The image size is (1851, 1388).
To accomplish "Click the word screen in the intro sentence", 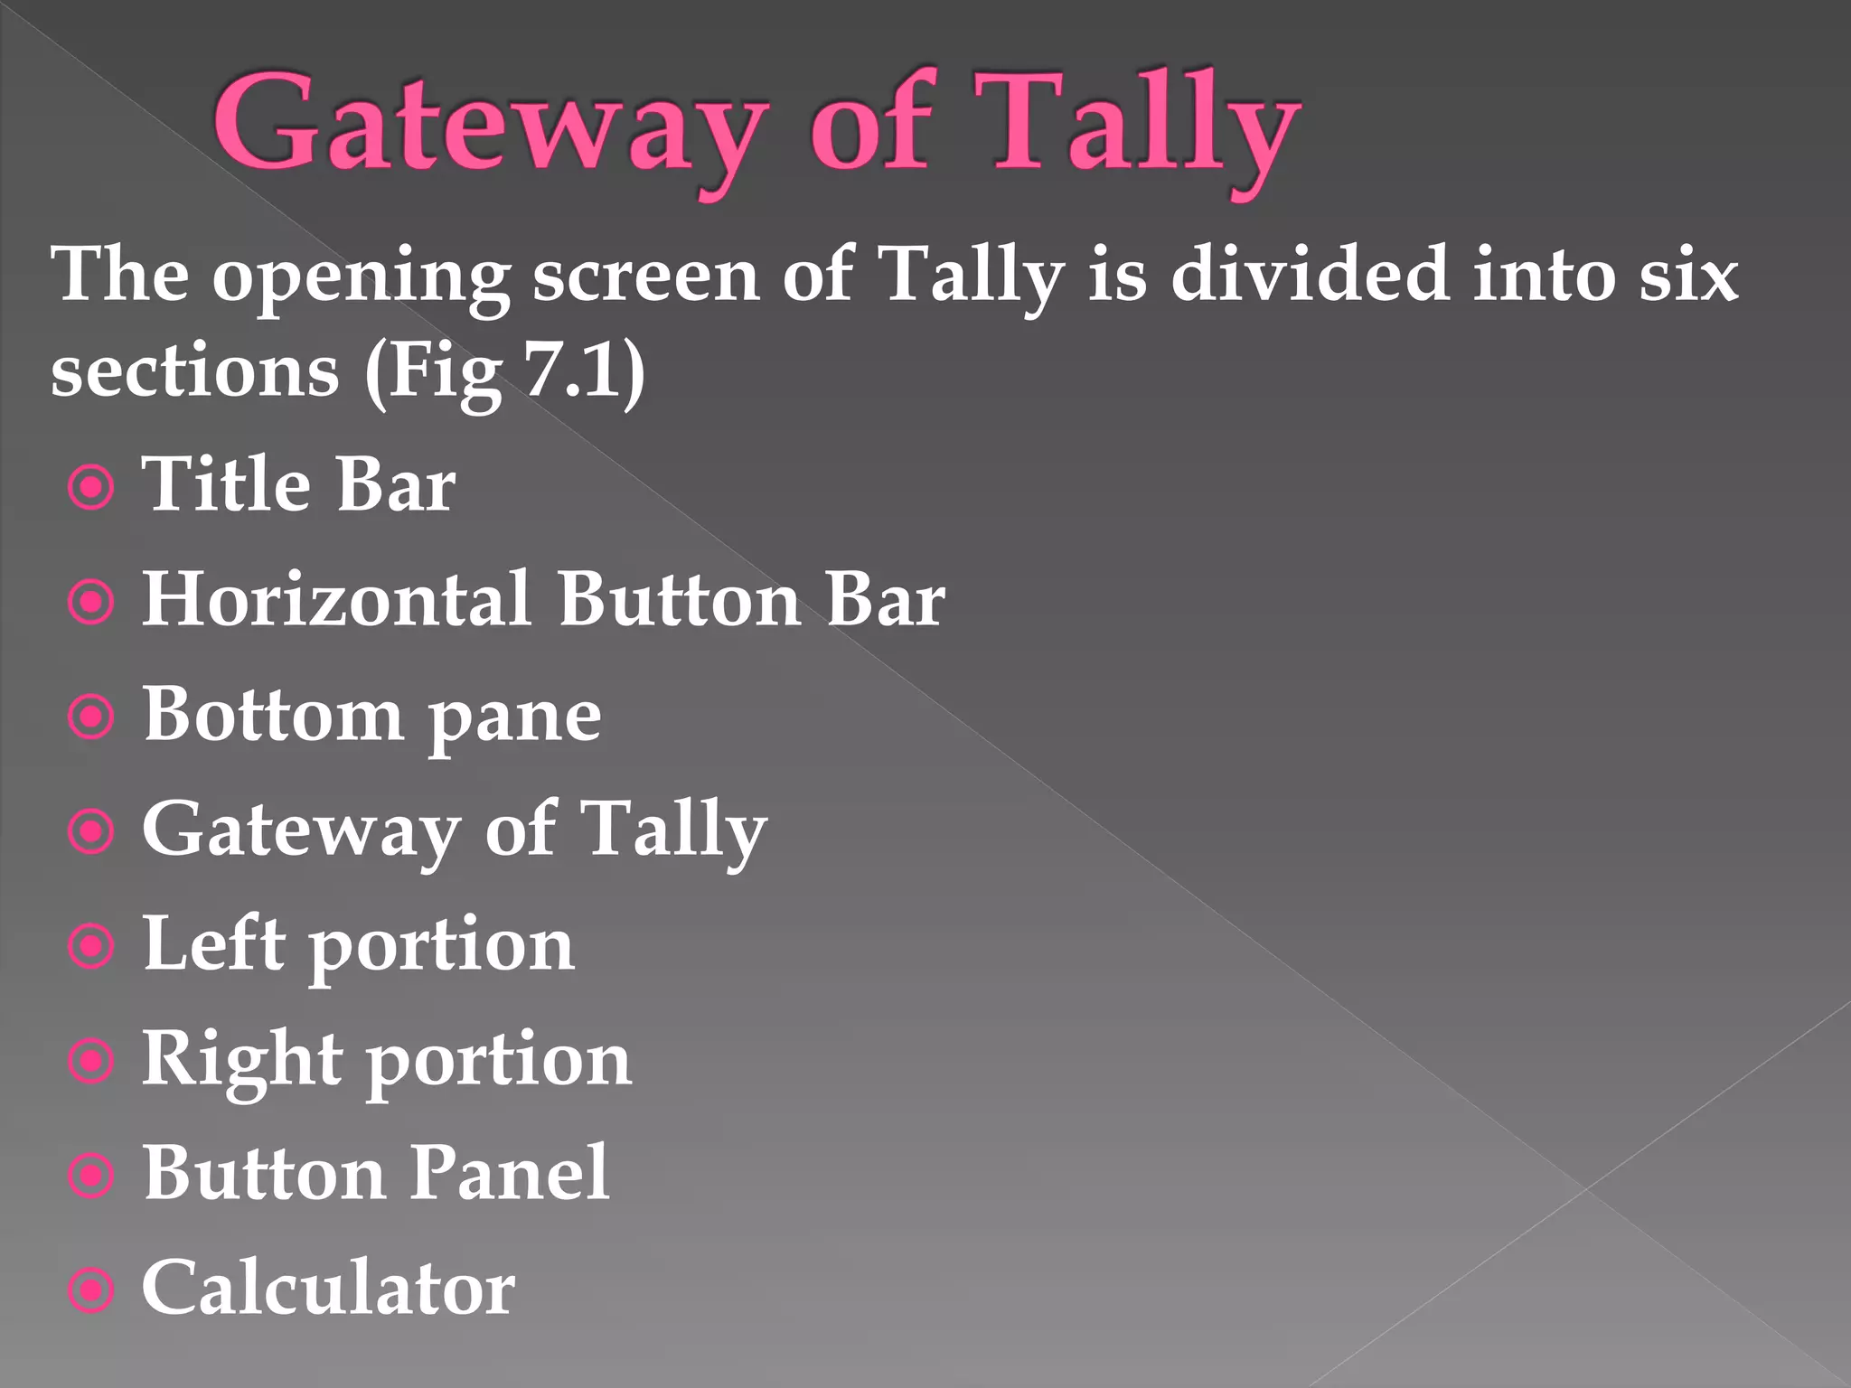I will click(x=645, y=276).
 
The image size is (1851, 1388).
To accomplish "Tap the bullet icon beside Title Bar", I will click(x=92, y=488).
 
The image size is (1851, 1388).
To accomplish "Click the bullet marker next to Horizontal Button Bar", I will click(x=92, y=603).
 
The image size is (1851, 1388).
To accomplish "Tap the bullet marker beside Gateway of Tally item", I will click(x=92, y=831).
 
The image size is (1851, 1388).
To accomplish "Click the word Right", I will click(x=242, y=1060).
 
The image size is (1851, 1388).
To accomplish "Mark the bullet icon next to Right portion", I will click(x=92, y=1061).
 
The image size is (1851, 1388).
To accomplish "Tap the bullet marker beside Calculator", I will click(x=92, y=1290).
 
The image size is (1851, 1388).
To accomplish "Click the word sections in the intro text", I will click(x=194, y=370).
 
